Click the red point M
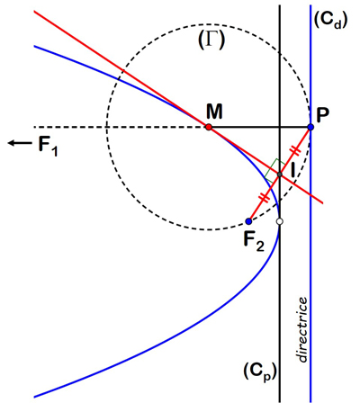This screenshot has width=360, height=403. point(209,127)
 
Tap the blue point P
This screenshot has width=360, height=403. point(310,127)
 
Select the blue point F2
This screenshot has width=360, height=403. point(248,221)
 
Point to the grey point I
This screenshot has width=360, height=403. point(280,175)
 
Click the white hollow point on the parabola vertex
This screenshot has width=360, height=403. point(280,221)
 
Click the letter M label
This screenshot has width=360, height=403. point(214,112)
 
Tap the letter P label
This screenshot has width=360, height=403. point(322,115)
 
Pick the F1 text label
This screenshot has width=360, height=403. point(48,146)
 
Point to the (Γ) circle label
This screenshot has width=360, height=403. point(211,40)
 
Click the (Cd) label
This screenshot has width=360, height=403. point(330,22)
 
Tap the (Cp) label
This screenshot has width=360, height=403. point(260,372)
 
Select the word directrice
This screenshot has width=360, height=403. point(301,329)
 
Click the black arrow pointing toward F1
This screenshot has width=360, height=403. point(20,143)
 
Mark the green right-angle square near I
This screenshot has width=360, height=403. point(275,171)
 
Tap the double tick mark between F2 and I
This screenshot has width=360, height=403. point(264,197)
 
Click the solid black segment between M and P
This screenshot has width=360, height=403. point(259,127)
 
